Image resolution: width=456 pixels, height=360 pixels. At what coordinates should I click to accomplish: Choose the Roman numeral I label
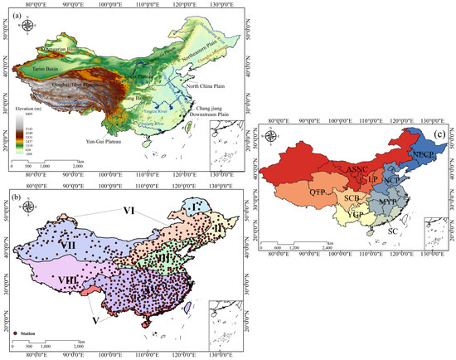click(192, 204)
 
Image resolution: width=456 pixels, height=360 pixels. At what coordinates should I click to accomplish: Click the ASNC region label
click(357, 168)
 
